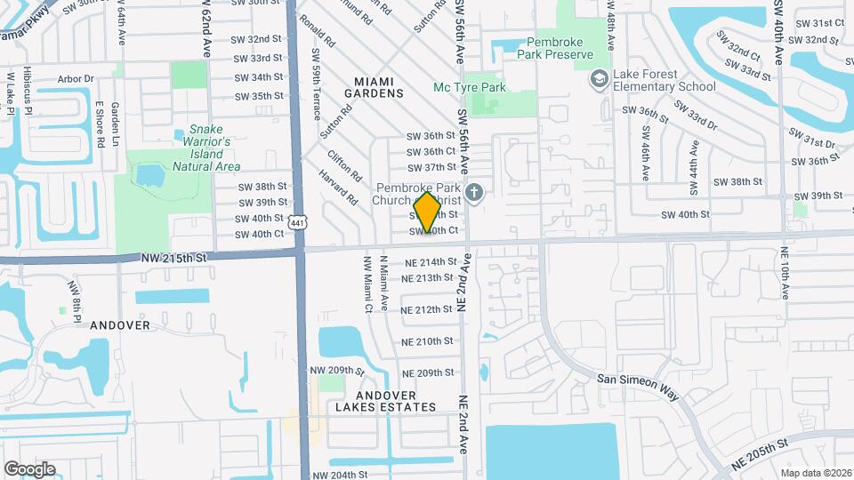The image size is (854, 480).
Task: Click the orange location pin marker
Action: click(428, 212)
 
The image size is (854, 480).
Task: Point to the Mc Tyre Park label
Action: click(469, 87)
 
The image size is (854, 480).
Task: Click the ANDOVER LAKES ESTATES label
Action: click(397, 401)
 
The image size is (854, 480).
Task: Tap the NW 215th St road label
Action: click(173, 257)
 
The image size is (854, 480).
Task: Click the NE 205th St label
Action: click(762, 454)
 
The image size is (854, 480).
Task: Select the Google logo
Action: click(29, 469)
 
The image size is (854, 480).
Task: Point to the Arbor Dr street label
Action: click(75, 78)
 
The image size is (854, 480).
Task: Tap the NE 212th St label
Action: click(428, 310)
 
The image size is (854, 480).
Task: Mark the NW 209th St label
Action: click(337, 370)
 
